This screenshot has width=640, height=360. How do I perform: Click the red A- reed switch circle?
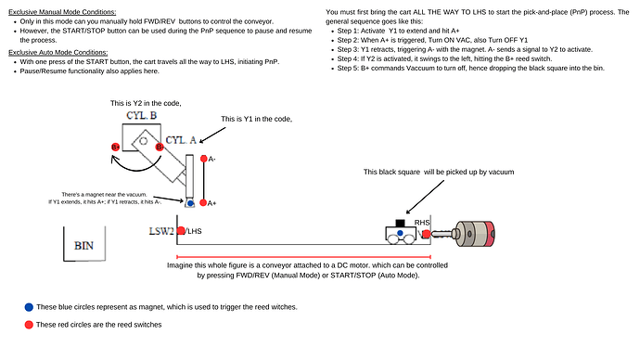pos(201,159)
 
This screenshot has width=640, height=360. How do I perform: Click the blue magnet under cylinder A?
pos(188,202)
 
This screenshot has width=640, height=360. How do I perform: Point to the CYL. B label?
pos(142,116)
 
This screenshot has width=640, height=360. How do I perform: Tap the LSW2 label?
pos(162,230)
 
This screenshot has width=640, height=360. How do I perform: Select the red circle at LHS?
pos(182,230)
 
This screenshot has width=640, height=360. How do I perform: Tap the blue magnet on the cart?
pos(400,233)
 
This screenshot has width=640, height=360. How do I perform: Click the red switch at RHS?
pos(428,232)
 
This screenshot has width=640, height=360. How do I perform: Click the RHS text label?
pos(422,222)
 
